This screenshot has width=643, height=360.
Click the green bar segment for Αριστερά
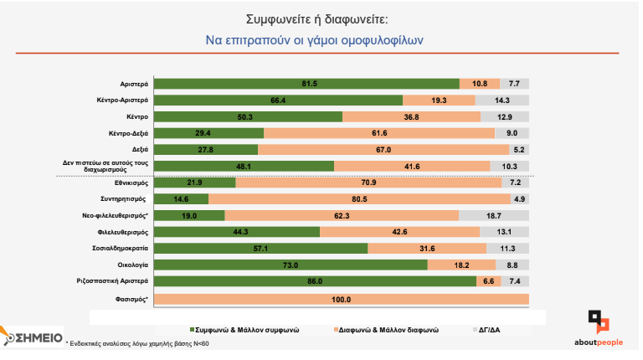pos(307,84)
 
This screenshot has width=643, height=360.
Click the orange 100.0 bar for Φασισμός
pos(342,299)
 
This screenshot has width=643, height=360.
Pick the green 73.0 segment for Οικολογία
pos(291,265)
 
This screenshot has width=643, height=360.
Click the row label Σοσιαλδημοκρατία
pos(120,249)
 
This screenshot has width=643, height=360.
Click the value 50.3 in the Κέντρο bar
pos(245,116)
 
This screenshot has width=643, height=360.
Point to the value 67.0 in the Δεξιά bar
pos(383,149)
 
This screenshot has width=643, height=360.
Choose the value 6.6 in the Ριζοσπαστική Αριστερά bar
pos(488,281)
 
